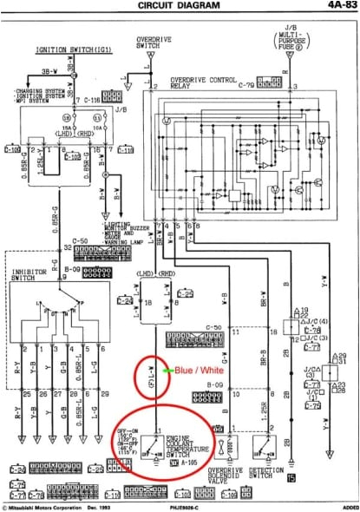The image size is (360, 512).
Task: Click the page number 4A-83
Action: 333,5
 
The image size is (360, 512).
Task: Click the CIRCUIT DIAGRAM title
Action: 180,5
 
